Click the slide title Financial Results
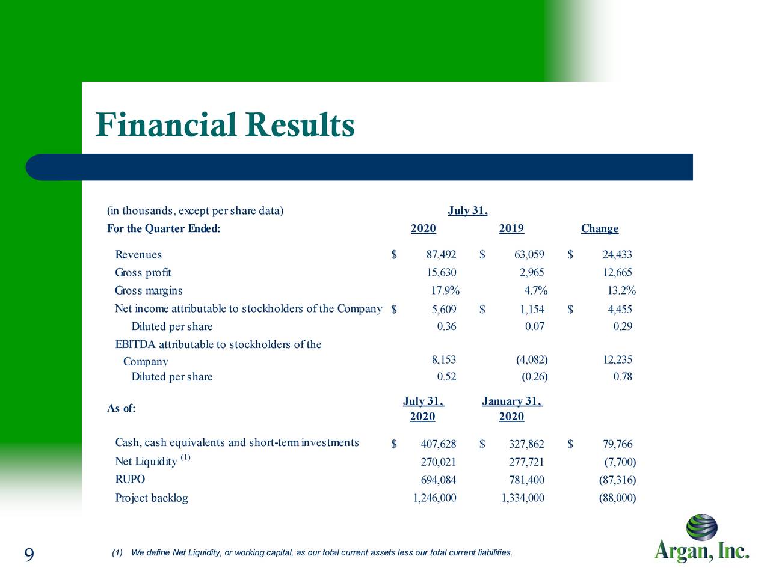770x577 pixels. pyautogui.click(x=225, y=125)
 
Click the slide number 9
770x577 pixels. pyautogui.click(x=29, y=554)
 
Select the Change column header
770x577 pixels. pyautogui.click(x=599, y=229)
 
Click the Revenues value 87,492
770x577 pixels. pyautogui.click(x=441, y=255)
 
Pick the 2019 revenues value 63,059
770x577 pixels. pyautogui.click(x=529, y=255)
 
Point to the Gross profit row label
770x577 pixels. pyautogui.click(x=143, y=273)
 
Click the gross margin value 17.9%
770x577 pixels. pyautogui.click(x=445, y=291)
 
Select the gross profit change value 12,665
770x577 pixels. pyautogui.click(x=617, y=273)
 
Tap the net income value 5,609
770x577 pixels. pyautogui.click(x=443, y=310)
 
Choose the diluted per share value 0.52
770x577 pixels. pyautogui.click(x=446, y=377)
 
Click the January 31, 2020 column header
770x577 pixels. pyautogui.click(x=512, y=409)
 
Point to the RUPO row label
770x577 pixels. pyautogui.click(x=130, y=480)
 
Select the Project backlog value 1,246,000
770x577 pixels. pyautogui.click(x=434, y=498)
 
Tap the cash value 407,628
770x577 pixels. pyautogui.click(x=438, y=444)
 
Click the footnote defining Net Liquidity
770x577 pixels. pyautogui.click(x=312, y=553)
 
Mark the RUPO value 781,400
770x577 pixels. pyautogui.click(x=526, y=480)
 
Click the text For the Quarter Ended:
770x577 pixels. pyautogui.click(x=164, y=229)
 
